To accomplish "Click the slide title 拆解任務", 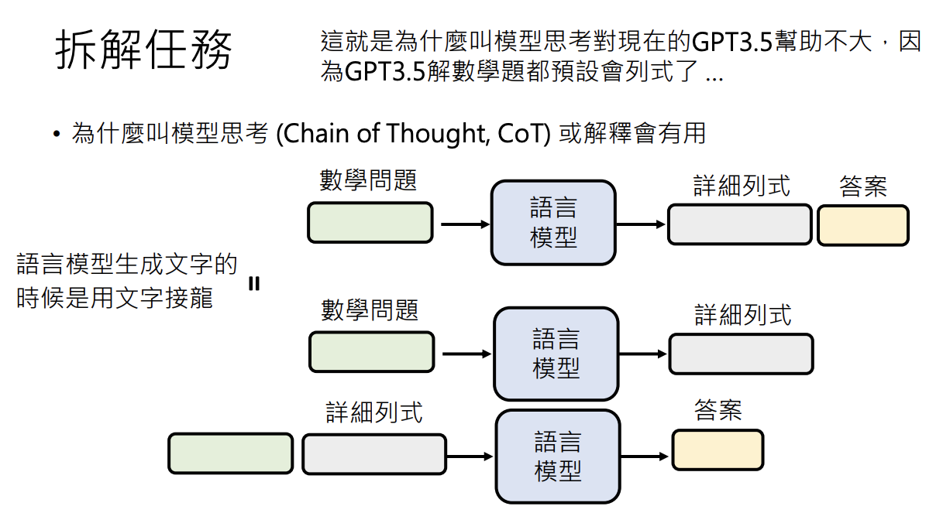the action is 143,49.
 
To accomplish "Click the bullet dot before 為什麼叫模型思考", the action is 57,134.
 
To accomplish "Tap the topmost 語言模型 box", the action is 553,223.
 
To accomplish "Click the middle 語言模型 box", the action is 556,354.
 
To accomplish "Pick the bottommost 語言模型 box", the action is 558,457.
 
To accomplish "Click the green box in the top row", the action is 370,223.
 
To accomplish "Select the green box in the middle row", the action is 371,352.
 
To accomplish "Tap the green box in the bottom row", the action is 230,453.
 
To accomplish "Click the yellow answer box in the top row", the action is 863,225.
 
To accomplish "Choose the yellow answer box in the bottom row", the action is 718,450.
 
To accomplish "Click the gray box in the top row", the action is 740,224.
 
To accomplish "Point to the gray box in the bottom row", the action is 374,454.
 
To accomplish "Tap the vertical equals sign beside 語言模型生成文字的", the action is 254,284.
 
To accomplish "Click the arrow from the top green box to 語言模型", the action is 465,224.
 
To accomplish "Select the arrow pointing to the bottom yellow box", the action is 645,457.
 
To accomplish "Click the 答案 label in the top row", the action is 863,186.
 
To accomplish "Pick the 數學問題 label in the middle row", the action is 370,310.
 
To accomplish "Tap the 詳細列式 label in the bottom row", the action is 374,412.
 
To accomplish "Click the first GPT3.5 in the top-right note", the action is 731,42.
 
